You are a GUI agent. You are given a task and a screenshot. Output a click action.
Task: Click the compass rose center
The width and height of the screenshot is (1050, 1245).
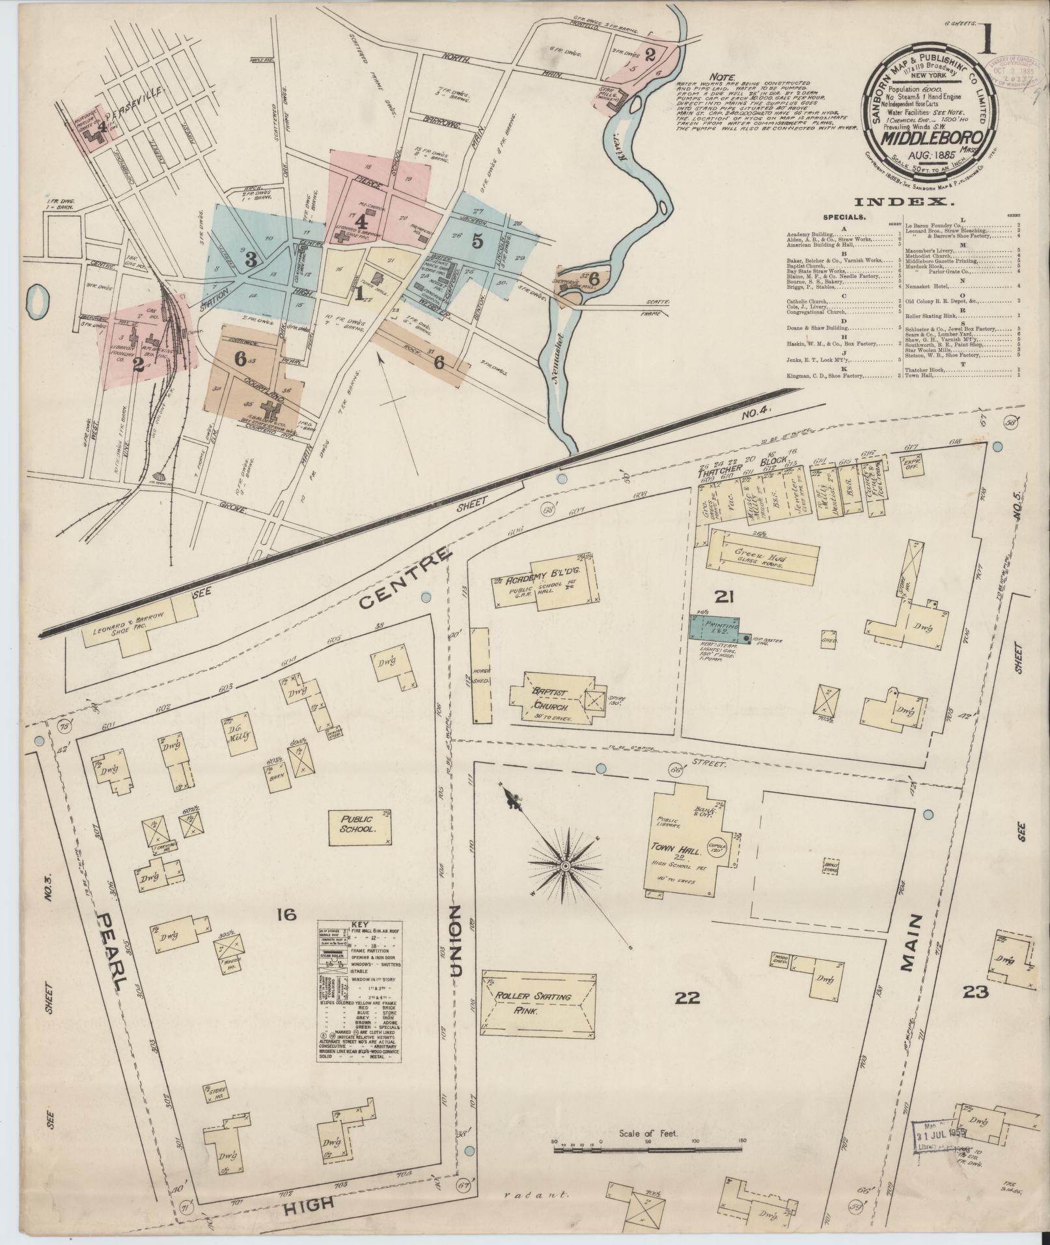[566, 866]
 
